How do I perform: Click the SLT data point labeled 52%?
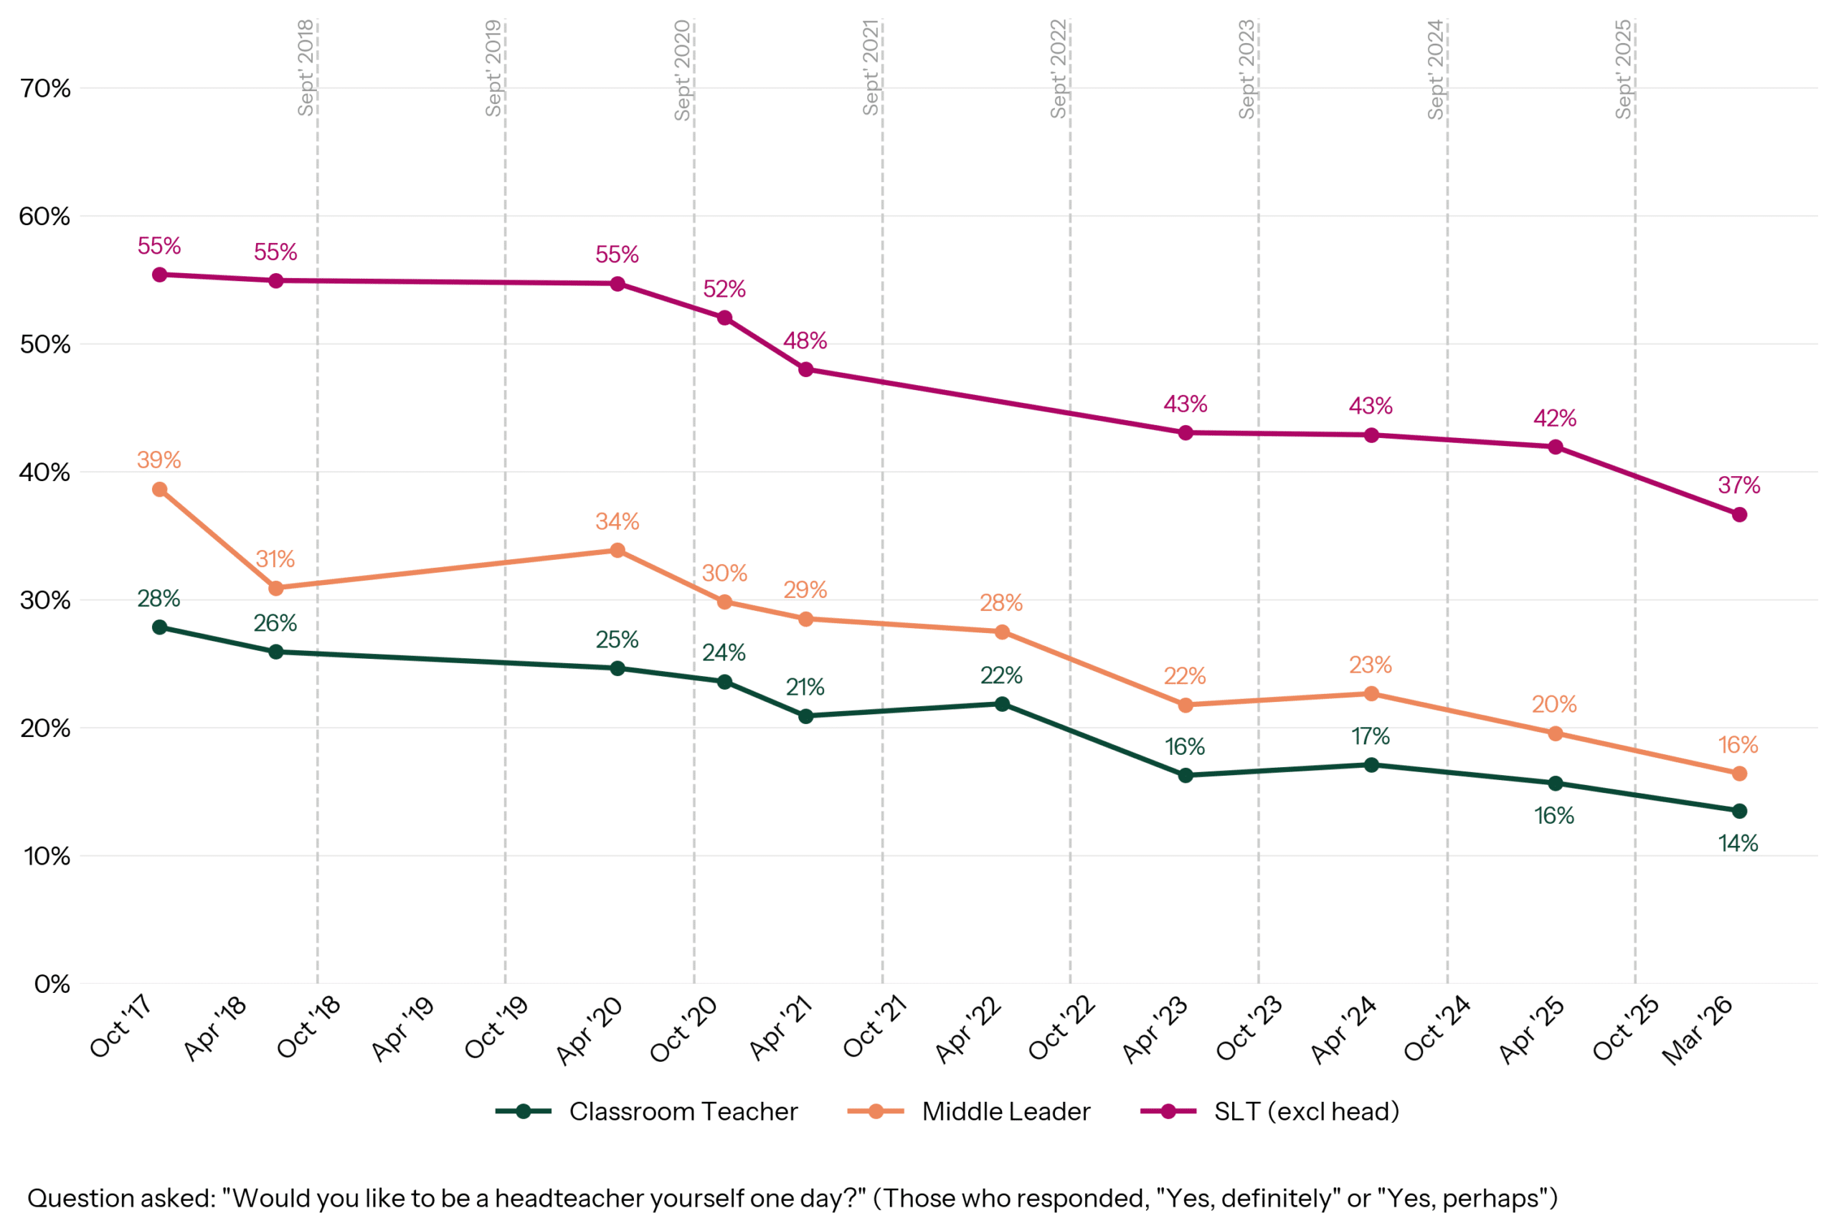coord(724,318)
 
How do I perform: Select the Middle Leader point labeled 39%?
coord(159,489)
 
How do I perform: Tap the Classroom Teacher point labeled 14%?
coord(1738,810)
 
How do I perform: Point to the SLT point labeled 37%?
coord(1738,514)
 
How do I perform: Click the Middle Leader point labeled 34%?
coord(617,551)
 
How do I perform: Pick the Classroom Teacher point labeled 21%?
coord(805,716)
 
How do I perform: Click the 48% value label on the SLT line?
coord(805,341)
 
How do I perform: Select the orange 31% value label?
coord(275,559)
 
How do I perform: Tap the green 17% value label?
coord(1371,736)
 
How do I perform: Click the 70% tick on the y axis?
coord(46,89)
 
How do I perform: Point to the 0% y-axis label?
coord(52,984)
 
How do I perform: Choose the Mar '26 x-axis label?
coord(1698,1030)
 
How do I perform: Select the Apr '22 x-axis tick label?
coord(967,1030)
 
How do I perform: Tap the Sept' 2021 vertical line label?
coord(870,67)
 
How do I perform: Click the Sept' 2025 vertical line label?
coord(1623,69)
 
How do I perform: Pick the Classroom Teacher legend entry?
coord(683,1112)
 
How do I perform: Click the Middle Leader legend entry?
coord(1005,1112)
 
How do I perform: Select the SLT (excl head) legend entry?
coord(1306,1112)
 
